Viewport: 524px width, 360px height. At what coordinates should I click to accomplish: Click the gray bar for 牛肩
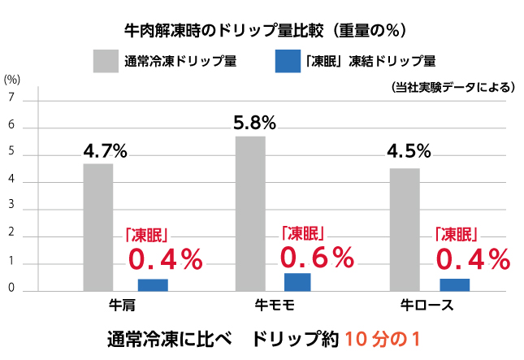click(98, 227)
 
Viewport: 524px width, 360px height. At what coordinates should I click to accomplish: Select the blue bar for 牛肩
click(153, 284)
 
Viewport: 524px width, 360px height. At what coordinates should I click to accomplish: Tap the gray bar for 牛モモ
click(250, 213)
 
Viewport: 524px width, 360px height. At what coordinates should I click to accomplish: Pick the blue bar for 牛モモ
click(297, 282)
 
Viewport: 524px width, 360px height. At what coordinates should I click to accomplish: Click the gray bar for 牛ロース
click(405, 229)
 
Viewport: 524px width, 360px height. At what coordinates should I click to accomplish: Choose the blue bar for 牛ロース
click(454, 284)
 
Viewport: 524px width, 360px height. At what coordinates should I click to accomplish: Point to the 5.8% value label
click(254, 124)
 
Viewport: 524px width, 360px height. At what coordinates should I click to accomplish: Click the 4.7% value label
click(106, 151)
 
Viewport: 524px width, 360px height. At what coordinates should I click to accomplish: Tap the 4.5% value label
click(409, 152)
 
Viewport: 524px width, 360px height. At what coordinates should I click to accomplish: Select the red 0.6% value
click(318, 258)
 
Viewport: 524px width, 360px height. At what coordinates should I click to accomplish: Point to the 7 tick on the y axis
click(11, 98)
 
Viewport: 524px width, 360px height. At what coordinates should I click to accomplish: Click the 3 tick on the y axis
click(11, 208)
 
